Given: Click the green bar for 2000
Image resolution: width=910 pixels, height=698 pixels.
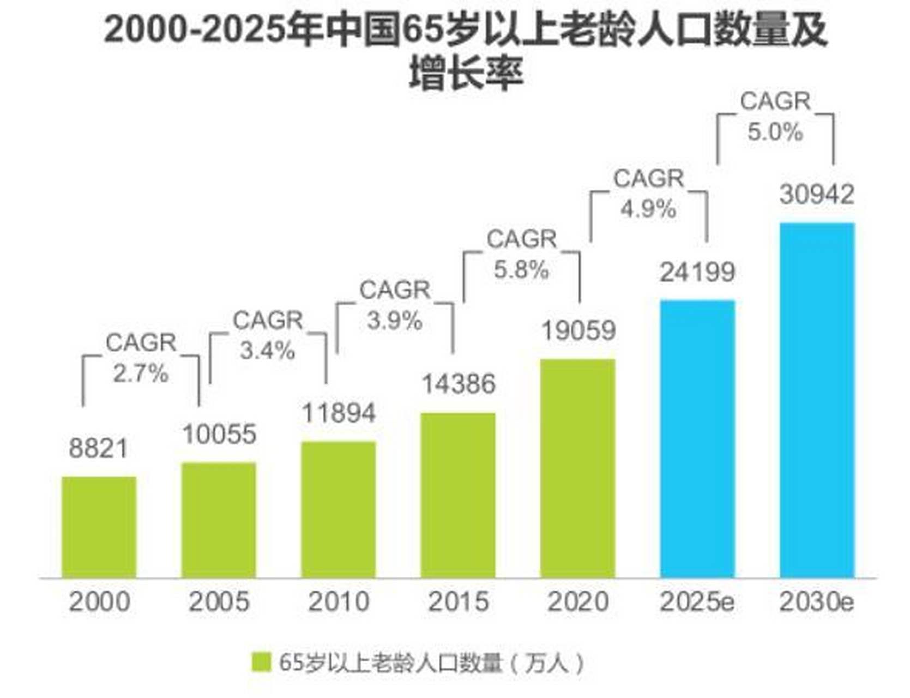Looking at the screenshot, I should tap(99, 527).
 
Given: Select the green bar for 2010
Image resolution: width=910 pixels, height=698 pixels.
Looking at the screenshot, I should tap(338, 509).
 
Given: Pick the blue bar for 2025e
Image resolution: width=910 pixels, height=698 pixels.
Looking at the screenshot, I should tap(697, 438).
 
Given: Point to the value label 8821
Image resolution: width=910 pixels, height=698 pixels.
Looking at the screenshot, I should tap(99, 449).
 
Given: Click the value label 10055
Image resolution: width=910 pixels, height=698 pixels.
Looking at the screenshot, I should tap(219, 435).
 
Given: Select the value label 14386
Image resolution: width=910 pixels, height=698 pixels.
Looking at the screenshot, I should tap(459, 384).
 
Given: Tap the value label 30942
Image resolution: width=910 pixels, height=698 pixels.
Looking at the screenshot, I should tap(816, 195).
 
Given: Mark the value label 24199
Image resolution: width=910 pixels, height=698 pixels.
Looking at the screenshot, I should tap(697, 272).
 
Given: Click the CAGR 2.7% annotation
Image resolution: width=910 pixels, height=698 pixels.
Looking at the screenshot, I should tap(141, 358).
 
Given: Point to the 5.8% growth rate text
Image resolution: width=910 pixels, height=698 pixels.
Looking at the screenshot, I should tap(521, 270).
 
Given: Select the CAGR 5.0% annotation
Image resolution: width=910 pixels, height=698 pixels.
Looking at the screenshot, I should tap(775, 117).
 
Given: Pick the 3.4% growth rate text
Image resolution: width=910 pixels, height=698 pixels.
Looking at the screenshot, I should tap(267, 351).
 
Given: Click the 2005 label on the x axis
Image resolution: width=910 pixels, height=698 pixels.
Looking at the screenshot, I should tap(219, 601).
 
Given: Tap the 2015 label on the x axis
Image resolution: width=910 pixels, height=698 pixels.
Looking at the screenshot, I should tap(459, 601).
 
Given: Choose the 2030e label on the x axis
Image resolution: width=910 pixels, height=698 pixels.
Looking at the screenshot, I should tap(816, 601).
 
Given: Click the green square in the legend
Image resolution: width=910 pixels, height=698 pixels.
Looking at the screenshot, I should tap(261, 662).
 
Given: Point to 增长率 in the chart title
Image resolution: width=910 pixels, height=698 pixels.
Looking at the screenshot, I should tap(466, 74).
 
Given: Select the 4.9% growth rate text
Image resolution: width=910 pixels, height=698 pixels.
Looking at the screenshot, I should tap(648, 209).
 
